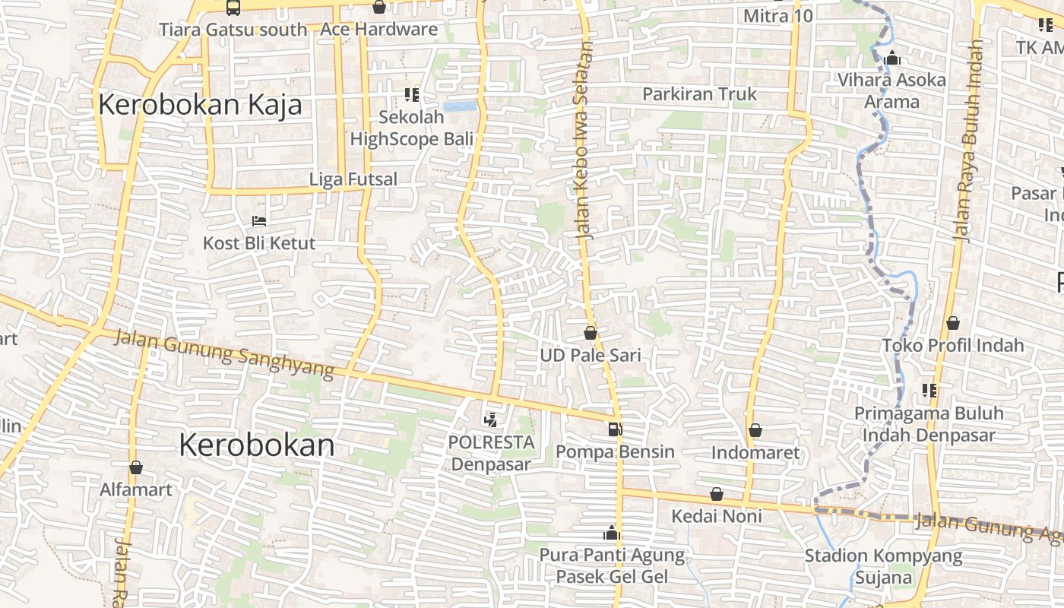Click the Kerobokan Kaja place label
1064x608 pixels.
[200, 105]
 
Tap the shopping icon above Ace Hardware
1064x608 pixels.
[378, 8]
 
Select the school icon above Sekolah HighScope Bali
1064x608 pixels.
[411, 95]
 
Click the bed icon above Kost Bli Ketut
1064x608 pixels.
[258, 221]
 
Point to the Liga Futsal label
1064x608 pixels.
[353, 179]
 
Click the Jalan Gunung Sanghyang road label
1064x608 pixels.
[224, 353]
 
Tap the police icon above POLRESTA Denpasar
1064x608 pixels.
[491, 419]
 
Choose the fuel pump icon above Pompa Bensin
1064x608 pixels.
[614, 429]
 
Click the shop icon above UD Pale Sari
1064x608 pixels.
[591, 333]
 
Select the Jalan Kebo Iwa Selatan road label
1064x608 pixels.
[585, 141]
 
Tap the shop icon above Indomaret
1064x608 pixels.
[755, 431]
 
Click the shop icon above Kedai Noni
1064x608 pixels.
[716, 495]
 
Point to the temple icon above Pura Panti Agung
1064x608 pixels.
[612, 533]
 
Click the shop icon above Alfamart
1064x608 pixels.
[136, 467]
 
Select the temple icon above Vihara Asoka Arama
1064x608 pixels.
[892, 58]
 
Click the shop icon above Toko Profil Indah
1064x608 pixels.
[952, 324]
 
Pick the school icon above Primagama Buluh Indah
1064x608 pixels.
[929, 391]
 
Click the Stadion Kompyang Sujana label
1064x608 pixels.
[883, 567]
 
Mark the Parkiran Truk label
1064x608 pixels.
[699, 94]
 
